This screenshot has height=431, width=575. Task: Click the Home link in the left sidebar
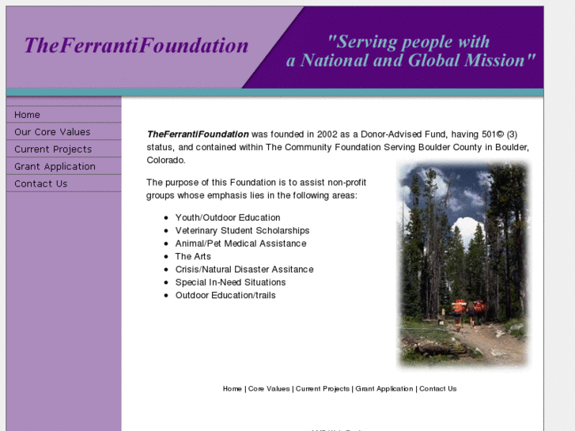28,115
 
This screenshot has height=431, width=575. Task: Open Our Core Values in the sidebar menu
52,132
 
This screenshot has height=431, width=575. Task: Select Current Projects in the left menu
53,149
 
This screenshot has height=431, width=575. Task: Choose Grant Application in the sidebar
55,167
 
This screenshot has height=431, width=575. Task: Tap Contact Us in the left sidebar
41,184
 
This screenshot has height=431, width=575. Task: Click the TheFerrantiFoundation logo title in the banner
136,46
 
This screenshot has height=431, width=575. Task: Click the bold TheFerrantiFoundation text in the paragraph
198,134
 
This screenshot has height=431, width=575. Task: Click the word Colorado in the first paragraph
166,161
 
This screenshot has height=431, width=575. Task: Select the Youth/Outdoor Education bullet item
228,217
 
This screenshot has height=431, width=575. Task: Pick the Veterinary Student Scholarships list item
242,231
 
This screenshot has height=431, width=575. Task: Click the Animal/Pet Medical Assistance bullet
240,244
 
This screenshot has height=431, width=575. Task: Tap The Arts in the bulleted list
193,257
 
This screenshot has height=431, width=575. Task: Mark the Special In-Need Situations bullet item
230,282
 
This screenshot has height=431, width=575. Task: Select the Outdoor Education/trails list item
225,296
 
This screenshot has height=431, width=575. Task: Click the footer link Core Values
269,389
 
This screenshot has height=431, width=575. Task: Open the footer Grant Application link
384,389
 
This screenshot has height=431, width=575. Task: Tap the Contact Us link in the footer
437,389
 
